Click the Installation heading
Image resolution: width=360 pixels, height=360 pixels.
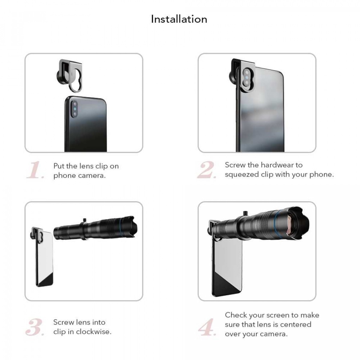click(179, 19)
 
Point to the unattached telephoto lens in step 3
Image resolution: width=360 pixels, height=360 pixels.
click(95, 228)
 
